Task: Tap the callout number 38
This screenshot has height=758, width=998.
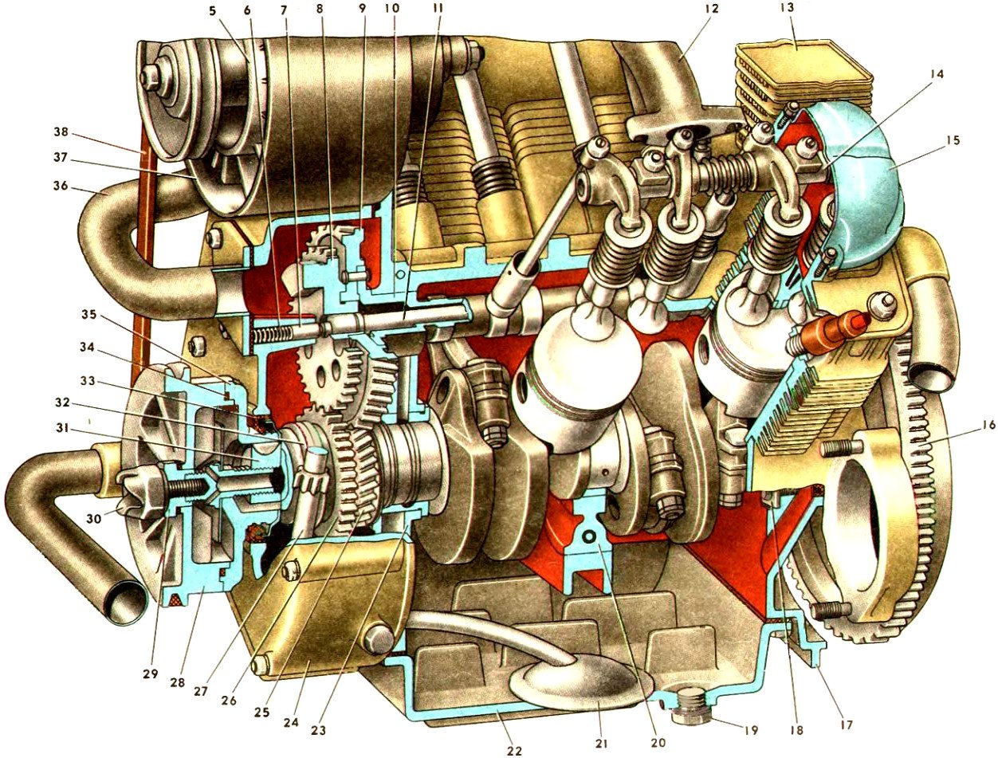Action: click(x=60, y=132)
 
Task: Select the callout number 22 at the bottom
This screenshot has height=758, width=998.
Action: click(x=514, y=750)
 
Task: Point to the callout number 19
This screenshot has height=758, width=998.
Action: click(x=750, y=730)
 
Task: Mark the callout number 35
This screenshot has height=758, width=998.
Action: click(x=89, y=314)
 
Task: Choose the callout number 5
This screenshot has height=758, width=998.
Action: click(x=214, y=10)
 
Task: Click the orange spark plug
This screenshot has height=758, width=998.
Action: click(x=827, y=334)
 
